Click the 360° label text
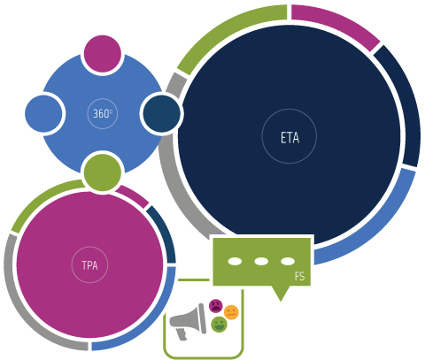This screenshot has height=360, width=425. [x=103, y=113]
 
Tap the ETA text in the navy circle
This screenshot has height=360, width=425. [x=290, y=138]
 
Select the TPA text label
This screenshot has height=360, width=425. [x=89, y=265]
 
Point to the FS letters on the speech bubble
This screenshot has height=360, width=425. [x=299, y=276]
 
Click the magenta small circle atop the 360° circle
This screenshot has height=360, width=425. [x=103, y=54]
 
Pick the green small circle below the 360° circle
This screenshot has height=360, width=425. [x=103, y=172]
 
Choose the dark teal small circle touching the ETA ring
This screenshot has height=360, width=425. [x=162, y=113]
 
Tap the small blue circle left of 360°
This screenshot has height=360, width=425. [x=43, y=113]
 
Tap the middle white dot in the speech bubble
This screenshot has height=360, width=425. [x=261, y=261]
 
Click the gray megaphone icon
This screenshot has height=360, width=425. [x=188, y=321]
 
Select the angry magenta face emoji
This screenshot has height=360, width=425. [x=216, y=306]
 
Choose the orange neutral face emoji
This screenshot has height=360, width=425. [x=231, y=312]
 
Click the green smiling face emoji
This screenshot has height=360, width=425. [x=219, y=325]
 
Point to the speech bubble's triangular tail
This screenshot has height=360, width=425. [x=281, y=292]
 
